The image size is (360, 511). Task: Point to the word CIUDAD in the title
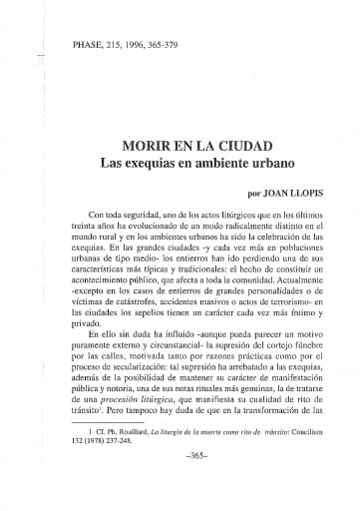click(x=242, y=144)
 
